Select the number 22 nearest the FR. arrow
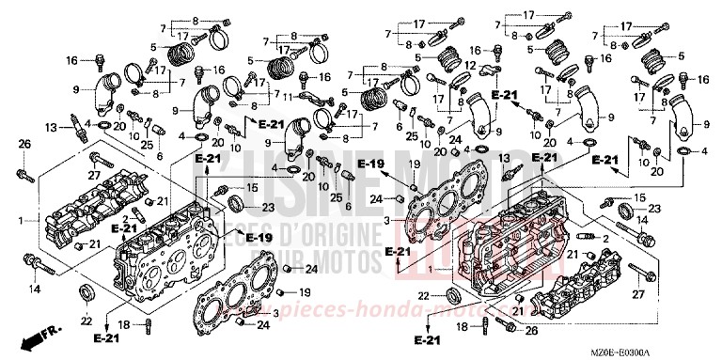(x=86, y=321)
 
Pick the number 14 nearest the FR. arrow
(x=35, y=290)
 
